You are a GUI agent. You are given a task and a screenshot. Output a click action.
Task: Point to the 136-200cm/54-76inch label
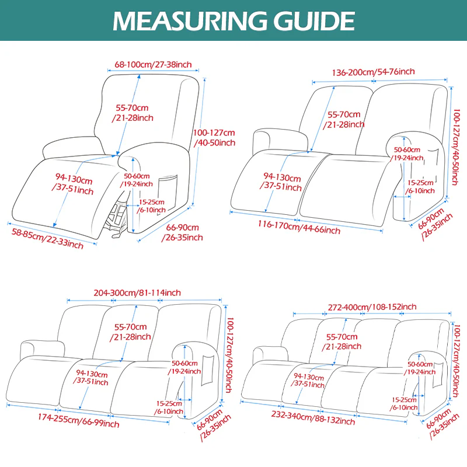(x=365, y=72)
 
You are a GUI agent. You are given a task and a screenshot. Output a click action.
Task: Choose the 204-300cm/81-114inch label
(x=138, y=292)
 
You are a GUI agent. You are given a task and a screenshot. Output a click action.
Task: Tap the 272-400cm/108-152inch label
(x=364, y=306)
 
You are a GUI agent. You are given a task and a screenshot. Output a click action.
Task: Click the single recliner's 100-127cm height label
(x=214, y=138)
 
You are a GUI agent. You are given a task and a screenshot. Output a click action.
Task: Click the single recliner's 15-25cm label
(x=151, y=205)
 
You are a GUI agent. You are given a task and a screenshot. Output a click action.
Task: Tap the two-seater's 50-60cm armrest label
(x=407, y=154)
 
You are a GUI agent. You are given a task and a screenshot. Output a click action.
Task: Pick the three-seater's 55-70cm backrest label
(x=131, y=332)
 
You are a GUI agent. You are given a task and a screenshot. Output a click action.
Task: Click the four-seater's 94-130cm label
(x=309, y=380)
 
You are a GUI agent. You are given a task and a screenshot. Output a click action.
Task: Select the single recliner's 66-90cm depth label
(x=184, y=232)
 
